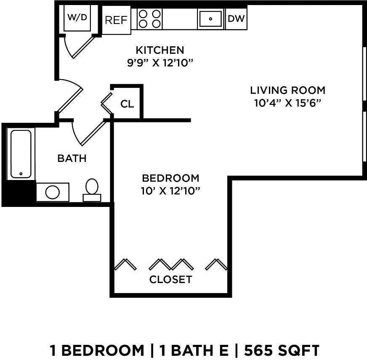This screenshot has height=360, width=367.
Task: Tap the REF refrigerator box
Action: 116,20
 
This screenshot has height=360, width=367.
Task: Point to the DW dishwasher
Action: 236,19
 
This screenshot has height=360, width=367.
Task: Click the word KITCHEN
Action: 160,50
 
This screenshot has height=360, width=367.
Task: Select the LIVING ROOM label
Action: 287,90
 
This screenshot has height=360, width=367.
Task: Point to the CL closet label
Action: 127,104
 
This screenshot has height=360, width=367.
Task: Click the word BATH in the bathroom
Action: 72,159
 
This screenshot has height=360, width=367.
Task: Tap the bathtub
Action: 21,154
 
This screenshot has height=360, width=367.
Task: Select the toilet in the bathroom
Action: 92,190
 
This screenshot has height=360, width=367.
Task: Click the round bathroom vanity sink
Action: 53,192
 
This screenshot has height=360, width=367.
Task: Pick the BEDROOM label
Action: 170,177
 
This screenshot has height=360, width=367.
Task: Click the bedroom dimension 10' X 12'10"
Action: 170,191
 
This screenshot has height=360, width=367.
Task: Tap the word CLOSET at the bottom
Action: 170,279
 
